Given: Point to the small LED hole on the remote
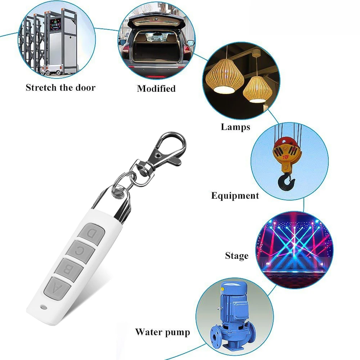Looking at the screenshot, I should tap(44, 307).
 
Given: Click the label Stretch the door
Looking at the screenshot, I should tap(60, 87).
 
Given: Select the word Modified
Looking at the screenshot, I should tap(156, 89).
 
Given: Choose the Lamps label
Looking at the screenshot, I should tap(235, 127).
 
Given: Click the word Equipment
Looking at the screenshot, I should tap(235, 196).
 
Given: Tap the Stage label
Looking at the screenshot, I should tap(237, 256).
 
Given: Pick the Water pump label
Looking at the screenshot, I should tap(162, 332).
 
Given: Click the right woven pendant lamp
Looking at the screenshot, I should tap(257, 90).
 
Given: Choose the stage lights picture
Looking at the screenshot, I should tap(294, 248).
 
